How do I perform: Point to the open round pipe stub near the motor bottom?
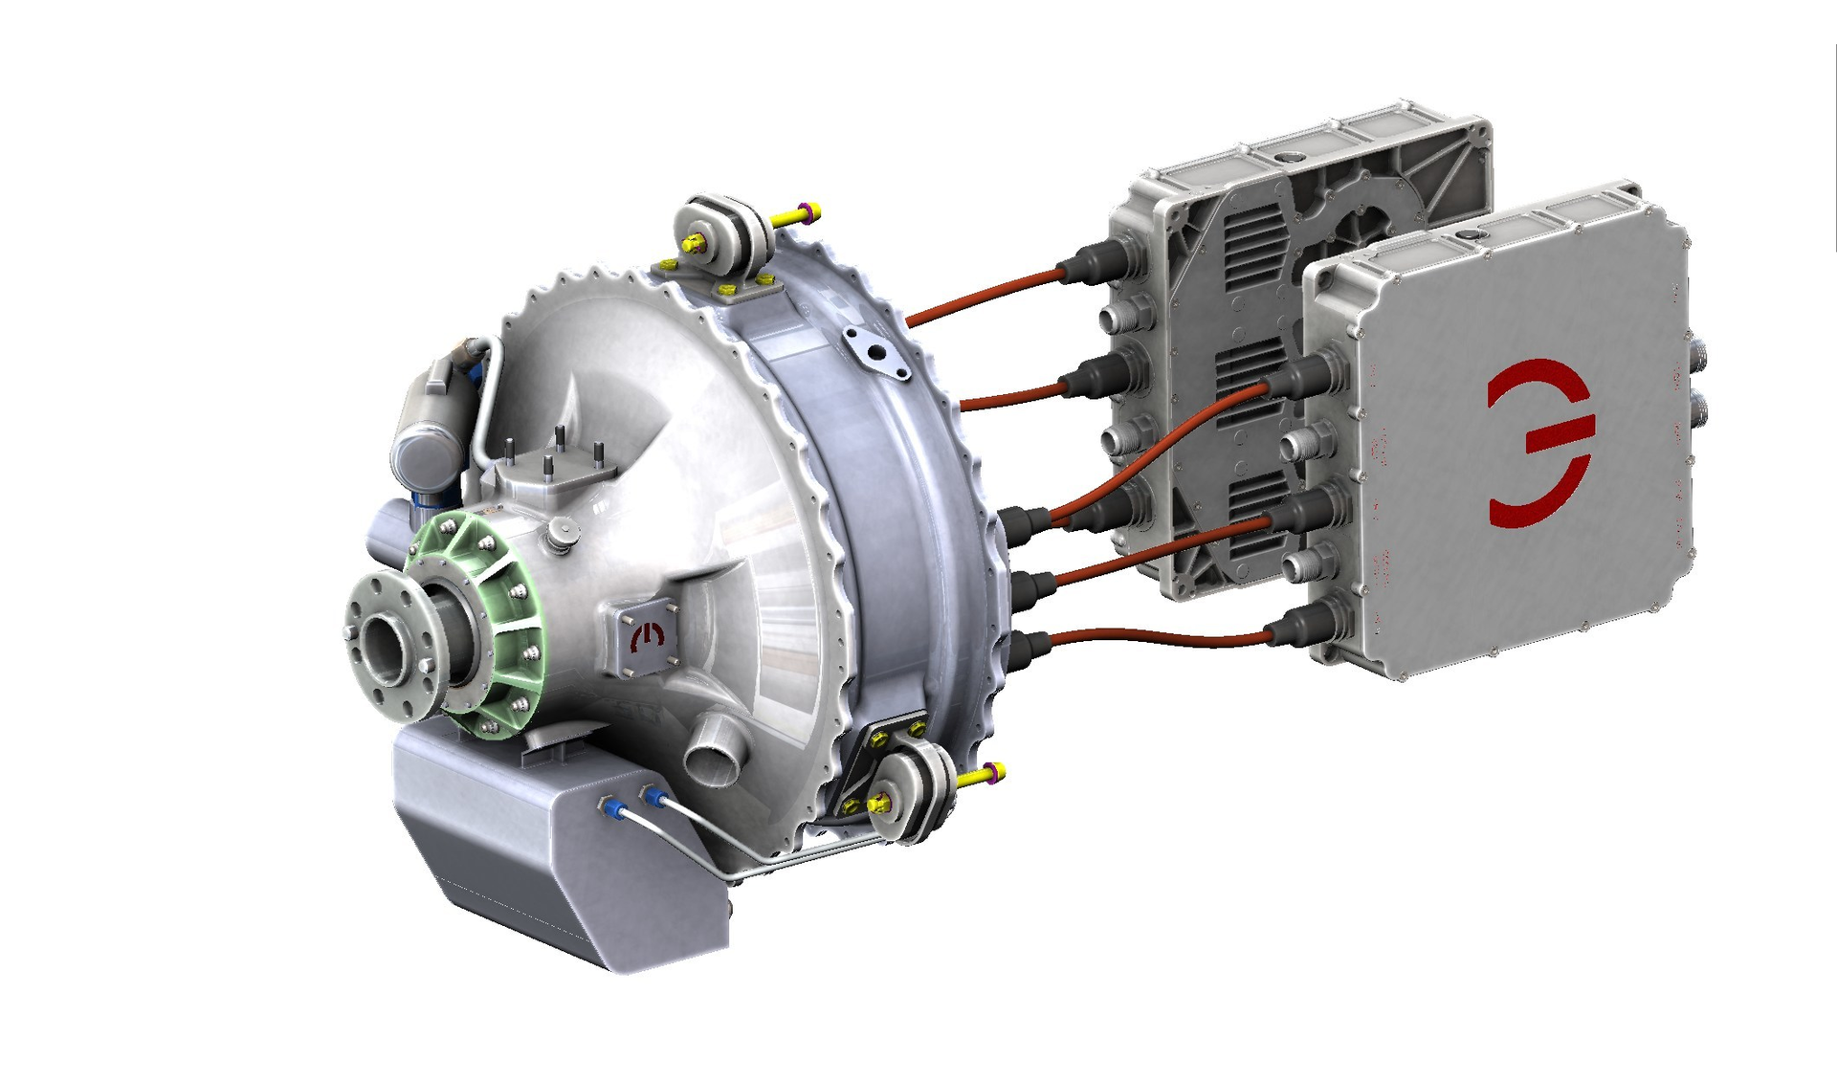(713, 751)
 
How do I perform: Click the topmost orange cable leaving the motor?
(985, 292)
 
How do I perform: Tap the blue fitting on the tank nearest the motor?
(653, 796)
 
